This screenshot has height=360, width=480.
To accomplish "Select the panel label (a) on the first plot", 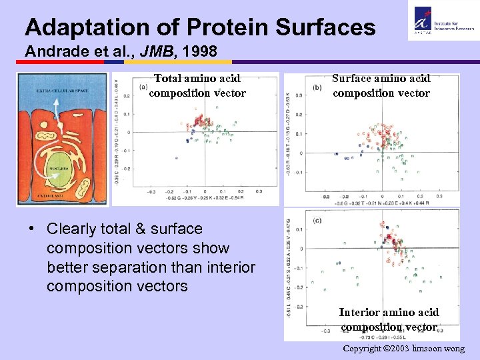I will [x=143, y=87].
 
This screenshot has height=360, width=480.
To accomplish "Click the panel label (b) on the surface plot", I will [x=317, y=87].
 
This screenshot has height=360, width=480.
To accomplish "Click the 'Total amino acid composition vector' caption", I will [x=197, y=86].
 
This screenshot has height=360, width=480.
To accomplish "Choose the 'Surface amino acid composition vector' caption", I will [x=381, y=86].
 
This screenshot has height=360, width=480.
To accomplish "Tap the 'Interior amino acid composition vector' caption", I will [x=389, y=319].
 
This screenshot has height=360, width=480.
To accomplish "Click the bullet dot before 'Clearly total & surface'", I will [x=32, y=229].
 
